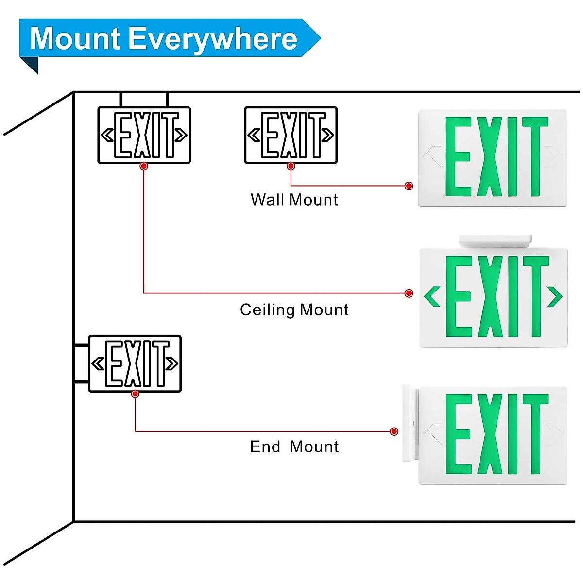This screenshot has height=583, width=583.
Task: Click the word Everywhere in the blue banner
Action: [x=213, y=40]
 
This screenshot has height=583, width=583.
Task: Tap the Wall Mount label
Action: [x=294, y=200]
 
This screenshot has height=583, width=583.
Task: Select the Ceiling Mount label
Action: [x=294, y=310]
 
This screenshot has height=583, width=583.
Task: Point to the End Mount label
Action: [x=294, y=446]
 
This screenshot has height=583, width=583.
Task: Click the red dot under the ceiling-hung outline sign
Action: [x=144, y=166]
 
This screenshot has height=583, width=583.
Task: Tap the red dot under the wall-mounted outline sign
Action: [x=291, y=166]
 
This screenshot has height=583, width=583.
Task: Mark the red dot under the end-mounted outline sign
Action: [x=135, y=394]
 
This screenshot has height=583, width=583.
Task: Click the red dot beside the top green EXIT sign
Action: [x=409, y=186]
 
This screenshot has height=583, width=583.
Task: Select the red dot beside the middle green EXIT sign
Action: [x=409, y=293]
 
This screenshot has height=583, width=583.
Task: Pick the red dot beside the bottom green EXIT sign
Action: [x=394, y=431]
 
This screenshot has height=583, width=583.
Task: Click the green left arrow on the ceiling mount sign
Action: [x=432, y=296]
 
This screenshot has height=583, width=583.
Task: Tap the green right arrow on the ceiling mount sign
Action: [x=554, y=296]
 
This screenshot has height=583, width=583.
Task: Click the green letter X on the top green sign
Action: [x=490, y=156]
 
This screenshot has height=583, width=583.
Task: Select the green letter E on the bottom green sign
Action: [x=459, y=434]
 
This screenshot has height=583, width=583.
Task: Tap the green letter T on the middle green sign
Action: [x=536, y=296]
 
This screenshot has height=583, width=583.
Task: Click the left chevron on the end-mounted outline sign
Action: [x=98, y=363]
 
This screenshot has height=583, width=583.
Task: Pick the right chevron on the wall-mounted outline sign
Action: [x=327, y=135]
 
